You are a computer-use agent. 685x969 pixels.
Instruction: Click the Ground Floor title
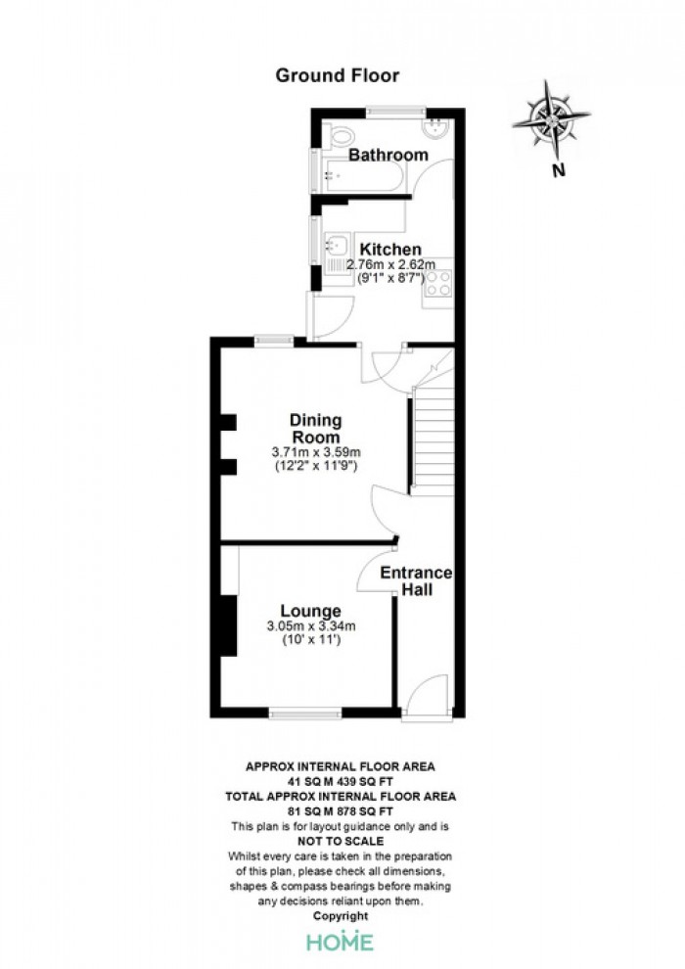(x=338, y=75)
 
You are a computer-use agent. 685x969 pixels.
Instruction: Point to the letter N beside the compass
(x=559, y=170)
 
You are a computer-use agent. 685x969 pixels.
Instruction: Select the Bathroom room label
(x=388, y=155)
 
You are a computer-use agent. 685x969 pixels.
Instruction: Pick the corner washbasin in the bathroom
(x=437, y=127)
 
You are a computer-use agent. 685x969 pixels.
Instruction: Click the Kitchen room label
(x=390, y=250)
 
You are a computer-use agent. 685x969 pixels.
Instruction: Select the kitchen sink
(x=337, y=246)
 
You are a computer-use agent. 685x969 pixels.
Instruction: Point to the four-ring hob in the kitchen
(x=438, y=283)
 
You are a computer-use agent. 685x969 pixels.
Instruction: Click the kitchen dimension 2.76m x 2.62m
(x=390, y=265)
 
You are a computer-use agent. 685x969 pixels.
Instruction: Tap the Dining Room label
(x=316, y=429)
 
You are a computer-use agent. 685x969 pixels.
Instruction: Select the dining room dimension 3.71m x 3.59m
(x=316, y=452)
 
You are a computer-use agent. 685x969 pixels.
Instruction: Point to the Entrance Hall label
(x=416, y=580)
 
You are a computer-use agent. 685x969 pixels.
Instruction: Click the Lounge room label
(x=310, y=611)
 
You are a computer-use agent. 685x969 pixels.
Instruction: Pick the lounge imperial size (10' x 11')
(x=311, y=640)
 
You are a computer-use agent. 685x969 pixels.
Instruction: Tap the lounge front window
(x=305, y=714)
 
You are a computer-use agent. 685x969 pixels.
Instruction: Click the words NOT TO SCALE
(x=341, y=841)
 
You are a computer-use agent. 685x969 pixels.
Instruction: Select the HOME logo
(x=341, y=942)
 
